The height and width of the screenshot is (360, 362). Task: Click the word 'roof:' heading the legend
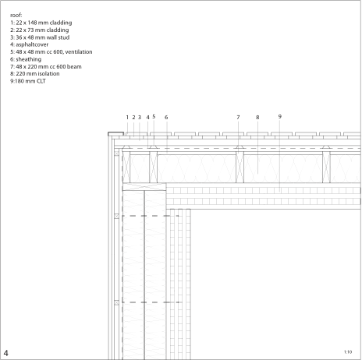pos(16,16)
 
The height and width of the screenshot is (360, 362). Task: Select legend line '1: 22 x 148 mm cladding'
pos(41,23)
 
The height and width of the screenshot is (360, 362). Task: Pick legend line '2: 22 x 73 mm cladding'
pos(40,30)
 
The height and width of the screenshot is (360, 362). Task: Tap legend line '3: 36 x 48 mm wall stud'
pos(40,37)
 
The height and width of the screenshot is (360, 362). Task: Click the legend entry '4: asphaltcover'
pos(30,44)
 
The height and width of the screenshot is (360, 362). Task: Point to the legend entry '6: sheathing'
pos(26,59)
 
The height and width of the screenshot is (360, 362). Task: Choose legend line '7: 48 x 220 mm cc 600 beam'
pos(46,66)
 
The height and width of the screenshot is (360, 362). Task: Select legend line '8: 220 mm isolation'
pos(35,74)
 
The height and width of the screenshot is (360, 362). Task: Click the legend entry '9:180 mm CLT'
pos(28,81)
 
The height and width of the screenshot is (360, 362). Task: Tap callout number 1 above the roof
pos(127,118)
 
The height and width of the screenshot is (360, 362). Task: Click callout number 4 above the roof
pos(148,118)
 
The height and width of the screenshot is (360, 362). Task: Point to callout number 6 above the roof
pos(166,118)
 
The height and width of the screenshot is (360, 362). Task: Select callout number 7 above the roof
pos(238,118)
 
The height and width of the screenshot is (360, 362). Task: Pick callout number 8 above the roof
pos(257,118)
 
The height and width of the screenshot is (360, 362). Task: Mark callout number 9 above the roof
pos(280,117)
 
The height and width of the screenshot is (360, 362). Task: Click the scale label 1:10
pos(348,352)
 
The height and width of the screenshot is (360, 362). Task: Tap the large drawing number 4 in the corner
pos(5,353)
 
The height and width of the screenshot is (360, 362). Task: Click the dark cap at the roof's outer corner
pos(115,134)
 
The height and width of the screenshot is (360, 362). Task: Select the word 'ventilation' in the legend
pos(79,52)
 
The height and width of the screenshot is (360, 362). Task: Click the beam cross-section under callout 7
pos(240,168)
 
